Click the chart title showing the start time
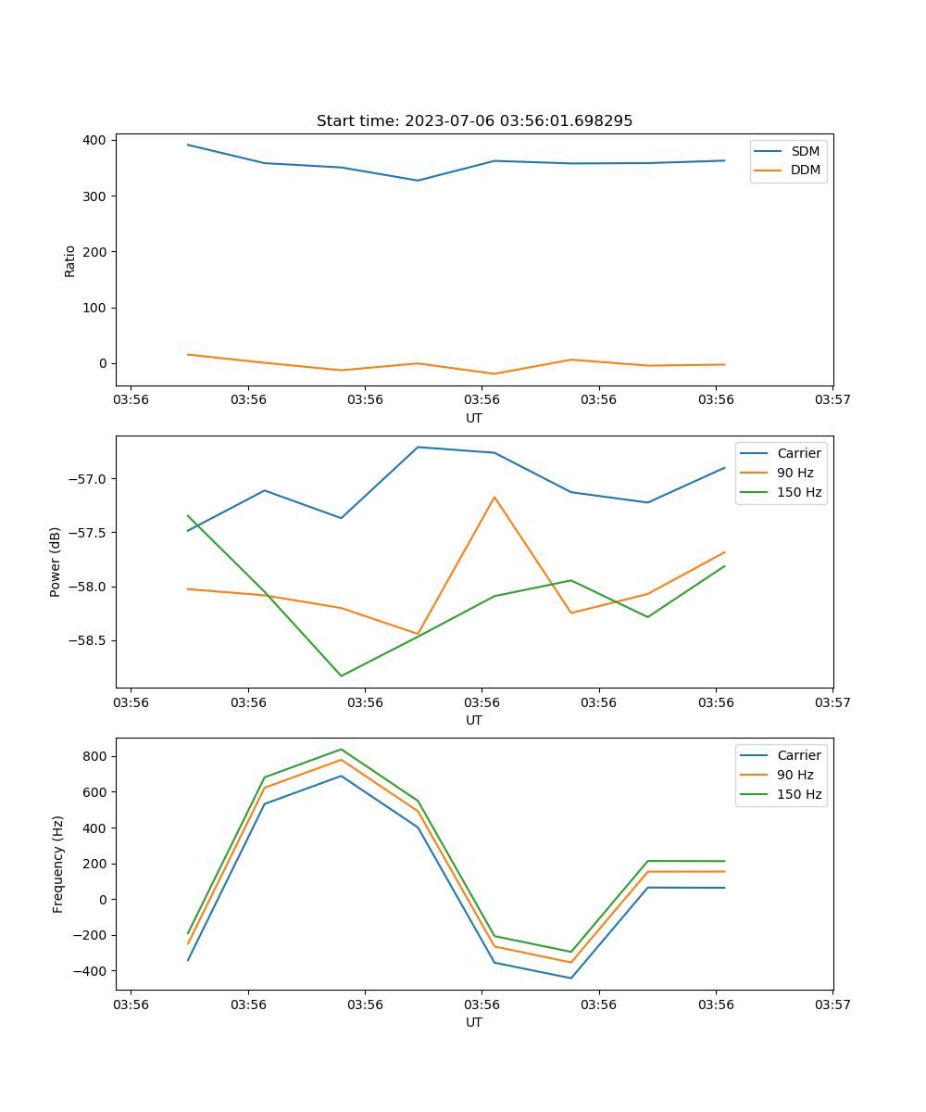[x=474, y=121]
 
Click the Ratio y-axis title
[x=70, y=260]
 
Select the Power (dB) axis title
[x=56, y=562]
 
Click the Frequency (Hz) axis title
[x=58, y=864]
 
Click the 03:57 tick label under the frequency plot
[x=832, y=1004]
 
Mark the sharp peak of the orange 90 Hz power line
[x=494, y=497]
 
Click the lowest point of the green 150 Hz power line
[x=341, y=676]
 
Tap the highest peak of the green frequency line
[x=341, y=749]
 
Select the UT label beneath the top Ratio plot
[x=474, y=418]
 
